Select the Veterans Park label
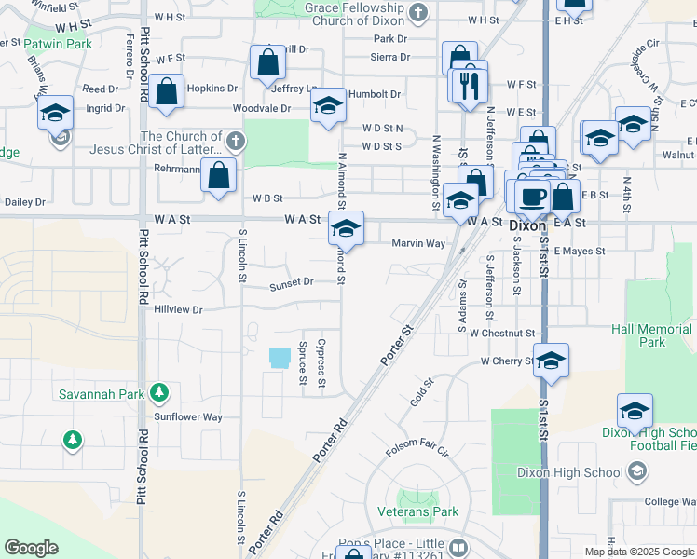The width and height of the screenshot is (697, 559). pos(418,511)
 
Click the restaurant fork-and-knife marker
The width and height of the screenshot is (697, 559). pos(470,85)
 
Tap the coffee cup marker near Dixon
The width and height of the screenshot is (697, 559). pos(533,196)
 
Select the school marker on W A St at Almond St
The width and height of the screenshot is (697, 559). pos(346,228)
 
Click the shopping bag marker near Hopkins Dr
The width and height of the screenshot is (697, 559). pos(167,92)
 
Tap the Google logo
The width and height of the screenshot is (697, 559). pos(31,548)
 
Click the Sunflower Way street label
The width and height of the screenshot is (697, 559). pos(188,417)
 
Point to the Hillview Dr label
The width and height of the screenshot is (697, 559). pos(178,308)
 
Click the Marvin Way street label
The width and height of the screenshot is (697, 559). pos(418,243)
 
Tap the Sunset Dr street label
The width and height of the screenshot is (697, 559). pos(292,281)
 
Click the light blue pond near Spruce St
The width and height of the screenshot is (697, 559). pos(279,357)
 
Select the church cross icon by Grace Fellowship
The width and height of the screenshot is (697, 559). pos(418,14)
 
